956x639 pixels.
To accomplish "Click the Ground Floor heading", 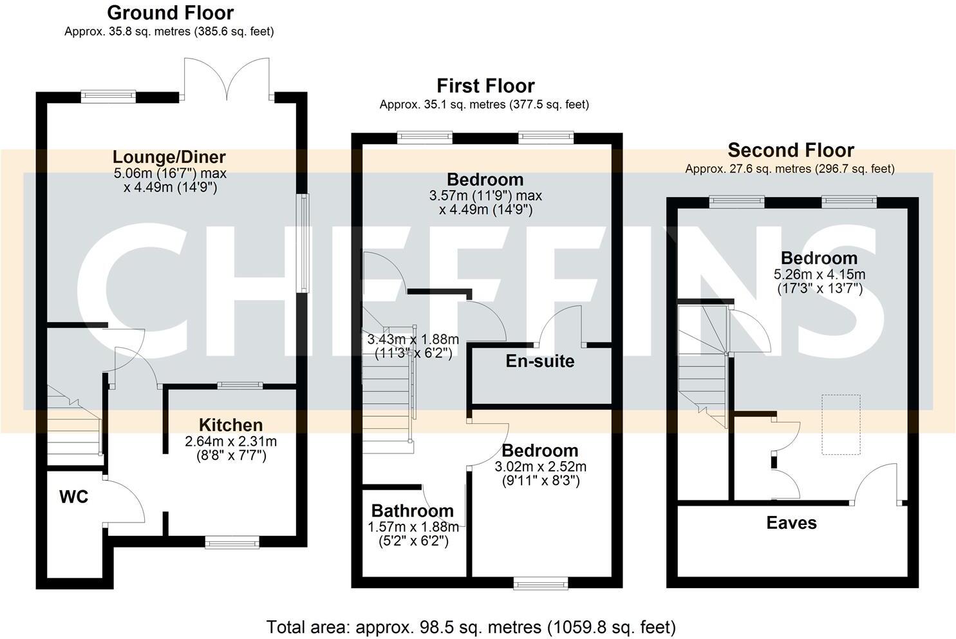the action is (170, 12).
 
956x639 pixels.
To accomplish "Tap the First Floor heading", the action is (485, 86).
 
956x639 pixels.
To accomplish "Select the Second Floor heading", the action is (791, 150).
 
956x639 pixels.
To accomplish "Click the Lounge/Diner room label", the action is (169, 157).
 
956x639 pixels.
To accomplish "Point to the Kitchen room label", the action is (230, 425).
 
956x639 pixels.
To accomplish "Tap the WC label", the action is (73, 497).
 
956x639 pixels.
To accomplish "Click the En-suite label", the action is (539, 361).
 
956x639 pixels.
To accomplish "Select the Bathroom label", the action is (412, 511).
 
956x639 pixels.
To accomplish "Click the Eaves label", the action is (791, 522).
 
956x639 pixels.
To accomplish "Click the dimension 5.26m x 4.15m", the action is (819, 274).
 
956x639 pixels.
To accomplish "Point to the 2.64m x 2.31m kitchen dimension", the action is (230, 441).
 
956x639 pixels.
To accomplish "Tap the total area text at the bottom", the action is (471, 627).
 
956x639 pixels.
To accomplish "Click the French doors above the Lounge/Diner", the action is (227, 81).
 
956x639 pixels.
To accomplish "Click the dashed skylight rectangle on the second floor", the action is (841, 424).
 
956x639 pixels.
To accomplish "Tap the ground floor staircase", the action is (74, 428).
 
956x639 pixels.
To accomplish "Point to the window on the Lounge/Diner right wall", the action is (302, 243).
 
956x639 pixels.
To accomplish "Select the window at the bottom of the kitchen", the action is (232, 543).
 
